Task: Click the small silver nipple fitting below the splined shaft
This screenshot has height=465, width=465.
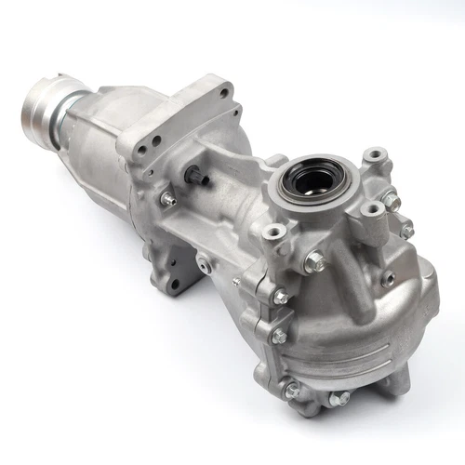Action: tap(167, 198)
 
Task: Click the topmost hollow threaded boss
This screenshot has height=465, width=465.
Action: tap(374, 155)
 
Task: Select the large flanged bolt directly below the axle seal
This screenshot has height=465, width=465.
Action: tap(313, 263)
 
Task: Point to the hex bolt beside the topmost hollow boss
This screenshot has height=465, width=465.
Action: tap(392, 199)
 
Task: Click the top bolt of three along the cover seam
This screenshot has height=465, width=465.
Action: tap(280, 298)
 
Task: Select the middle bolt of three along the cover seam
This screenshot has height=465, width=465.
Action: tap(278, 336)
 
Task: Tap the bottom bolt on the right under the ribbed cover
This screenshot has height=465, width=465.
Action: tap(340, 399)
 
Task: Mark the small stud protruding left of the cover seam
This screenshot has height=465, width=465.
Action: tap(236, 281)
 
